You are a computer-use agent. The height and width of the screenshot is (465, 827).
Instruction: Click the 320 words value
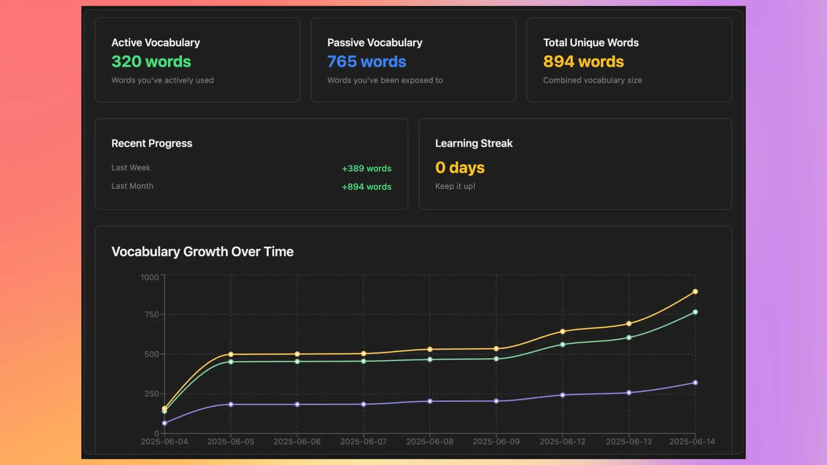pyautogui.click(x=151, y=62)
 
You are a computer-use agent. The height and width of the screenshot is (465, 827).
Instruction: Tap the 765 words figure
pyautogui.click(x=367, y=62)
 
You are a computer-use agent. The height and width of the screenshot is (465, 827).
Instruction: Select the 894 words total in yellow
pyautogui.click(x=583, y=62)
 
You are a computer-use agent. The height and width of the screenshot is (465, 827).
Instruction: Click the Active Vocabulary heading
pyautogui.click(x=155, y=43)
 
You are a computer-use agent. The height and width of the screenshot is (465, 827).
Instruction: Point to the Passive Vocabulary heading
pyautogui.click(x=375, y=43)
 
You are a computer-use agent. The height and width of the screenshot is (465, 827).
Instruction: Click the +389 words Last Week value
pyautogui.click(x=367, y=168)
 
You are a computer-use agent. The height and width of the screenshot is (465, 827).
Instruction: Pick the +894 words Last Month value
pyautogui.click(x=367, y=187)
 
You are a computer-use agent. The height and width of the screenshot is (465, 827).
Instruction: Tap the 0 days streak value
pyautogui.click(x=460, y=167)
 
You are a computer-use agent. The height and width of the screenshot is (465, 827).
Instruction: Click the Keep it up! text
pyautogui.click(x=455, y=186)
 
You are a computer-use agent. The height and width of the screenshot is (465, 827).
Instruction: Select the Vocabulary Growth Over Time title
pyautogui.click(x=202, y=251)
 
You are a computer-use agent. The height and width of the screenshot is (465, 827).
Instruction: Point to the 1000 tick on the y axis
pyautogui.click(x=149, y=277)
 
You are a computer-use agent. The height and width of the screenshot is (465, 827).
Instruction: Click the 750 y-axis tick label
pyautogui.click(x=152, y=314)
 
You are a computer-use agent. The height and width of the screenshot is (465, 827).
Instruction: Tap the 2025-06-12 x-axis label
pyautogui.click(x=563, y=442)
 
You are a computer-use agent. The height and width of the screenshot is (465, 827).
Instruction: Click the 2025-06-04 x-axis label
pyautogui.click(x=165, y=442)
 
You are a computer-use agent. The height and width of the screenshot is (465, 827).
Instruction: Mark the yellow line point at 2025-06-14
pyautogui.click(x=695, y=291)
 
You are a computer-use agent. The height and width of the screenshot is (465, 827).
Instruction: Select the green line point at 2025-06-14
pyautogui.click(x=695, y=312)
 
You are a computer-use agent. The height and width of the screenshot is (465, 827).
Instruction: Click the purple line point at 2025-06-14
pyautogui.click(x=695, y=383)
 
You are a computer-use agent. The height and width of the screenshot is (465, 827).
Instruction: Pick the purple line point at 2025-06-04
pyautogui.click(x=165, y=423)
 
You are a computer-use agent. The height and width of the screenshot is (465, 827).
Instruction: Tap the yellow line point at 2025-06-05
pyautogui.click(x=231, y=354)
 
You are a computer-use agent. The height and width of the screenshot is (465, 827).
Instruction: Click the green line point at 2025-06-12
pyautogui.click(x=563, y=344)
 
